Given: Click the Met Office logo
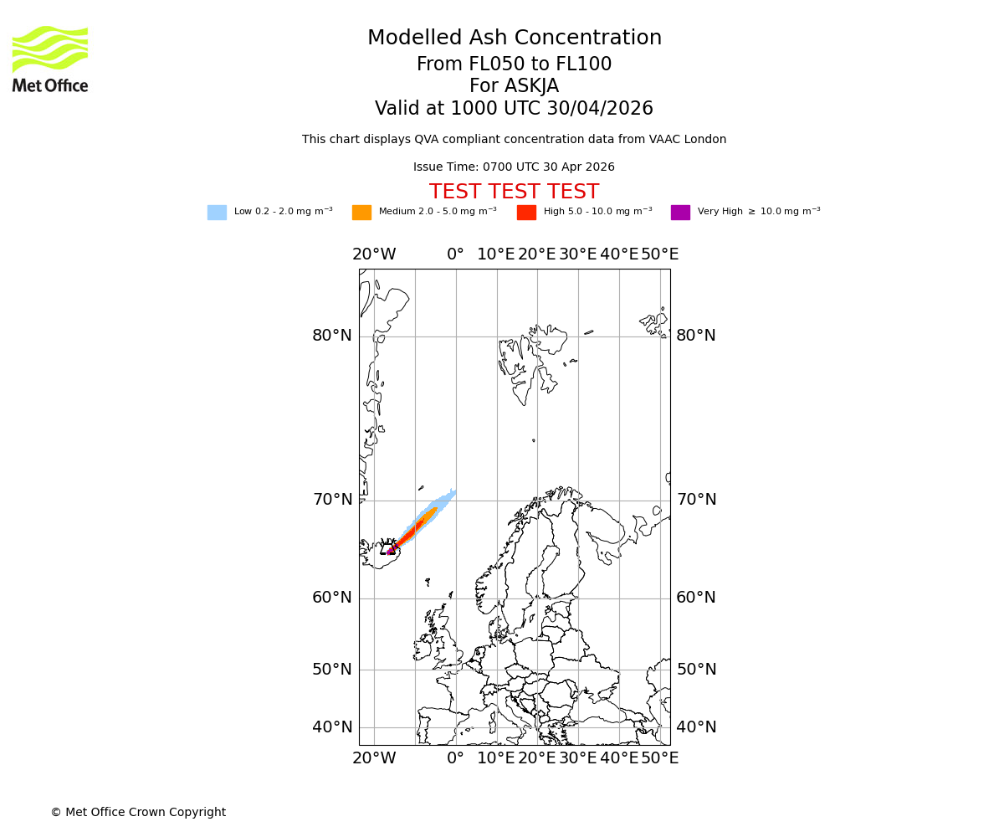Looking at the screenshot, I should (x=50, y=59).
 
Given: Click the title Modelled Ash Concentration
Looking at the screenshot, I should (x=514, y=39).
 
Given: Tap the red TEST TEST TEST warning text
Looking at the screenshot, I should (x=514, y=192).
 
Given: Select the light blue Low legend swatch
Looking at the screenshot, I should (x=217, y=213).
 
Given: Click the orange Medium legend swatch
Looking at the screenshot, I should (x=361, y=213).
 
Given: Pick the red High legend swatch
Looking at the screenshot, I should (x=526, y=213).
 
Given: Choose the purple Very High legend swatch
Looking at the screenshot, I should (x=680, y=213).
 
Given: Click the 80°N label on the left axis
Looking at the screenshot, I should (x=332, y=336).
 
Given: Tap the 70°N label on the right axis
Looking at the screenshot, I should (x=696, y=500).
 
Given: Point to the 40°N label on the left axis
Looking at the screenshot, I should (x=332, y=727).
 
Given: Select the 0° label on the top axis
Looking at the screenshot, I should (x=455, y=254).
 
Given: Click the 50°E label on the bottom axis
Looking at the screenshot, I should (x=659, y=758).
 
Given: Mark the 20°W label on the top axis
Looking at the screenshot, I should (x=374, y=254).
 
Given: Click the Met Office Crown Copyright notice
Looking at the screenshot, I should (x=138, y=812).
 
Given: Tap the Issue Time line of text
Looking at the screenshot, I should (x=514, y=167).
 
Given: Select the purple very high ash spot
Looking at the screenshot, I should (x=391, y=550).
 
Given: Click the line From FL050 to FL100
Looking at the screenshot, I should (x=514, y=64).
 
